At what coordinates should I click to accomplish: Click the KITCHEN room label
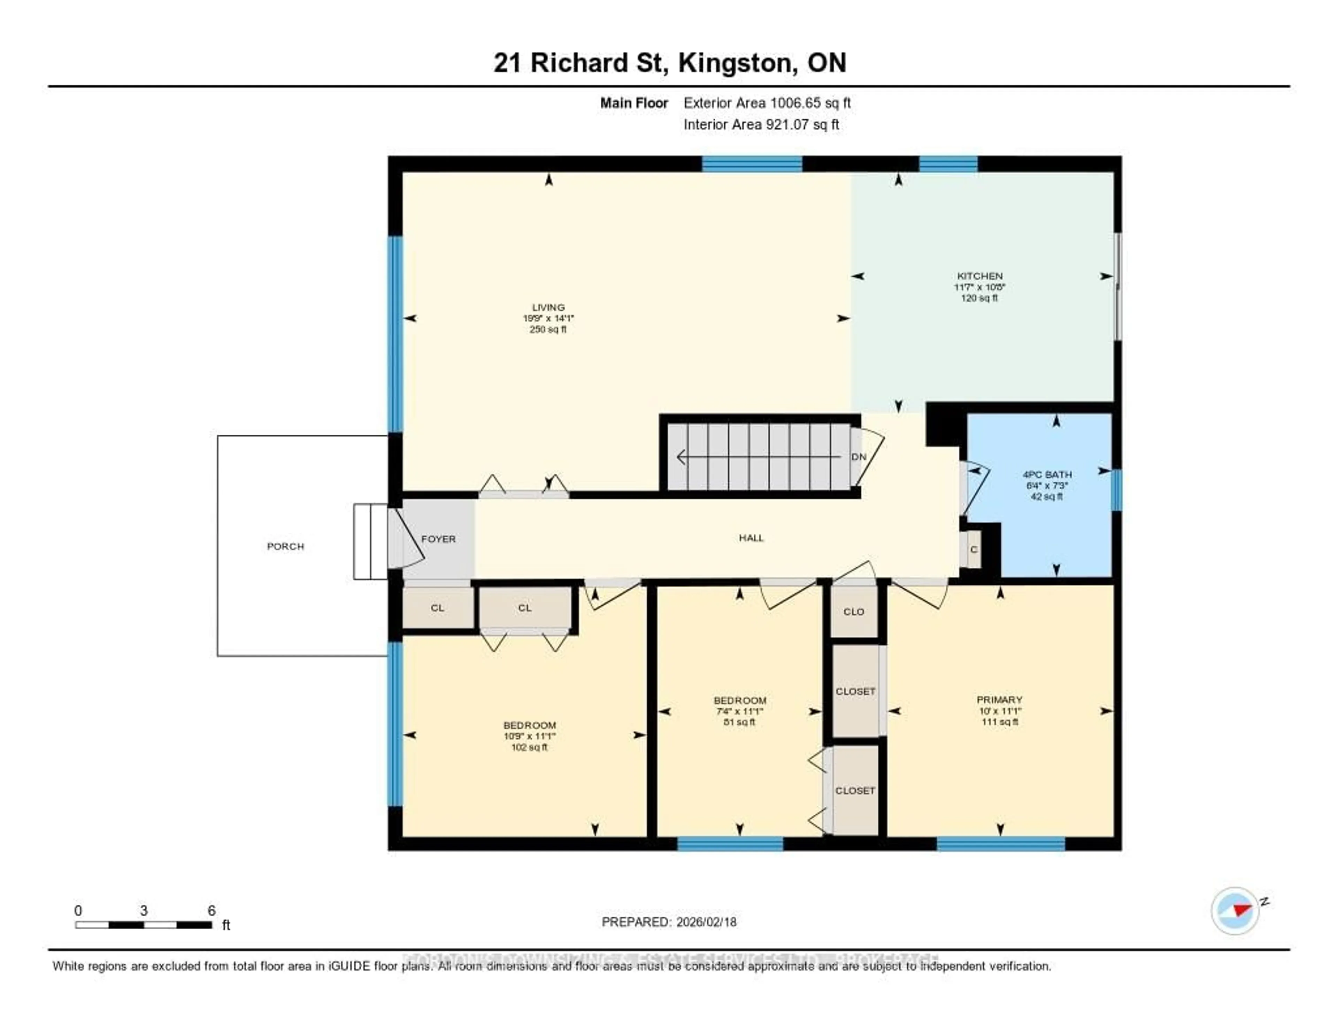point(979,276)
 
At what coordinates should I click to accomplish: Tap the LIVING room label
point(548,308)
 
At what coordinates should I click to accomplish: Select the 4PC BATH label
point(1047,475)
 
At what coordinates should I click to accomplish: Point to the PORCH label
point(285,546)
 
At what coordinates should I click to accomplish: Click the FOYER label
point(438,539)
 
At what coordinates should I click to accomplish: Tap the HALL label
point(751,538)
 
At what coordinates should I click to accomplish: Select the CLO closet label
point(853,612)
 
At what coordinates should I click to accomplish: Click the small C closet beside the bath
point(974,549)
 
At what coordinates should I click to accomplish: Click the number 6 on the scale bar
point(212,910)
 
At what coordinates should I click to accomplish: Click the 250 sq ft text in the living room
point(548,329)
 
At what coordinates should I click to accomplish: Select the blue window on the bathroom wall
point(1116,490)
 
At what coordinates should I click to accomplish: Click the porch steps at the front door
point(370,541)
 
